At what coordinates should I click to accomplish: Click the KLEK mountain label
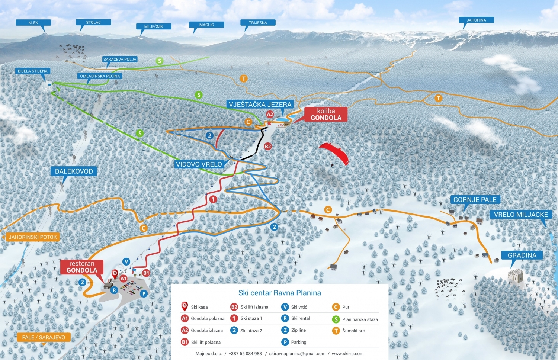pyautogui.click(x=33, y=23)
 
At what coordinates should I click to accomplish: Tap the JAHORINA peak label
pyautogui.click(x=476, y=20)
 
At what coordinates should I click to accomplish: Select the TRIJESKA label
pyautogui.click(x=258, y=23)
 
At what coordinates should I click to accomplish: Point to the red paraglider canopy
pyautogui.click(x=335, y=151)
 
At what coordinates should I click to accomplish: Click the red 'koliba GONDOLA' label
pyautogui.click(x=326, y=114)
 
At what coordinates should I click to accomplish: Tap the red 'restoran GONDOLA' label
pyautogui.click(x=82, y=267)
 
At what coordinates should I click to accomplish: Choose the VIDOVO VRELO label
pyautogui.click(x=199, y=164)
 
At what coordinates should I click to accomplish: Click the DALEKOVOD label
pyautogui.click(x=74, y=171)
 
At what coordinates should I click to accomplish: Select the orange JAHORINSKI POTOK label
pyautogui.click(x=33, y=237)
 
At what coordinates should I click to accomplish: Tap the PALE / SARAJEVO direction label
pyautogui.click(x=44, y=337)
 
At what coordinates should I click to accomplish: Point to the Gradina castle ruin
pyautogui.click(x=516, y=276)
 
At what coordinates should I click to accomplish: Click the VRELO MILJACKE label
pyautogui.click(x=521, y=215)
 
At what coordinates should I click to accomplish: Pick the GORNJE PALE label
pyautogui.click(x=475, y=200)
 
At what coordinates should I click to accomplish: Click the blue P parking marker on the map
pyautogui.click(x=144, y=293)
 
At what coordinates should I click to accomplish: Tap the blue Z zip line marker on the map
pyautogui.click(x=83, y=283)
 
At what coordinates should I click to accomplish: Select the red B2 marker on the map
pyautogui.click(x=268, y=146)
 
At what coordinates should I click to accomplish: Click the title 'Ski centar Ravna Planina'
pyautogui.click(x=279, y=293)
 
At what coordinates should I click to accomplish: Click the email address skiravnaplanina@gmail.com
pyautogui.click(x=297, y=354)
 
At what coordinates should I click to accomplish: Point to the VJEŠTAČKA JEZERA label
pyautogui.click(x=260, y=105)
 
